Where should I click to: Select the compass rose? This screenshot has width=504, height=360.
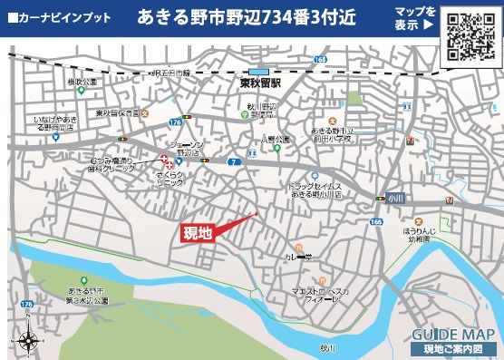(28, 339)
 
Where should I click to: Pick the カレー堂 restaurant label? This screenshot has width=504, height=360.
(303, 257)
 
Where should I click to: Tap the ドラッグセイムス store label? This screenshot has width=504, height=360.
(315, 190)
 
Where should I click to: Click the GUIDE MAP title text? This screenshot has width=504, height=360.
(449, 333)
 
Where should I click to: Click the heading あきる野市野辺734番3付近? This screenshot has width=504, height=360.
(242, 17)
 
